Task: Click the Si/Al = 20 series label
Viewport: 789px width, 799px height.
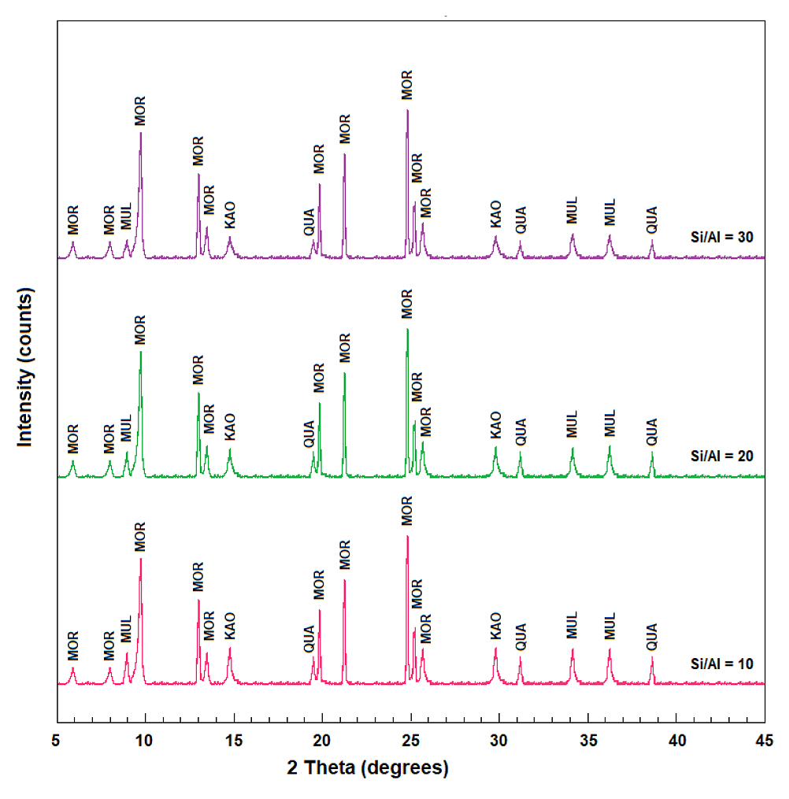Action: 722,456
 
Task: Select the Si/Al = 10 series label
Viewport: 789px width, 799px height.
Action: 722,664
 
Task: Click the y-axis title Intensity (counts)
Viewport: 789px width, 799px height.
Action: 25,367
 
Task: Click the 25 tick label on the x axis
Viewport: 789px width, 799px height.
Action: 411,740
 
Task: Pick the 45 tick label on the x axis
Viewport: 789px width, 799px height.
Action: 765,740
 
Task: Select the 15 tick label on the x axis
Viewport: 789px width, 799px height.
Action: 234,740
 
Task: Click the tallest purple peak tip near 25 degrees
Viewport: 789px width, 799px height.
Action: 407,110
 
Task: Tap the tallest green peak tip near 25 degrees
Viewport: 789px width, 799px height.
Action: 407,329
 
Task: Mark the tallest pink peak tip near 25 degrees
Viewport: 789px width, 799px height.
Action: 407,536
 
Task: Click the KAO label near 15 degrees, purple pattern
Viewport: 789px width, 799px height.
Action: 230,215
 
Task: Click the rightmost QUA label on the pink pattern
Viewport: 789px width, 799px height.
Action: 651,637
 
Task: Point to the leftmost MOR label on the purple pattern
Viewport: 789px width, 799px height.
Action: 73,220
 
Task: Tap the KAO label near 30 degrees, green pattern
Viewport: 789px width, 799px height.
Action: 495,426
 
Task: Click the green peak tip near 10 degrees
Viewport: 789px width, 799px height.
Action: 141,352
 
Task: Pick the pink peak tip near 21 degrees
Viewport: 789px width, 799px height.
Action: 345,580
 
